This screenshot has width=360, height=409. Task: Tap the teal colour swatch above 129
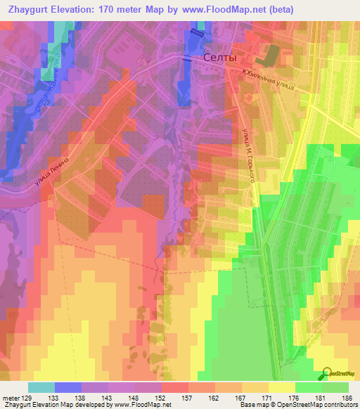click(41, 387)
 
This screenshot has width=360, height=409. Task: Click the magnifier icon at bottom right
click(328, 374)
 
